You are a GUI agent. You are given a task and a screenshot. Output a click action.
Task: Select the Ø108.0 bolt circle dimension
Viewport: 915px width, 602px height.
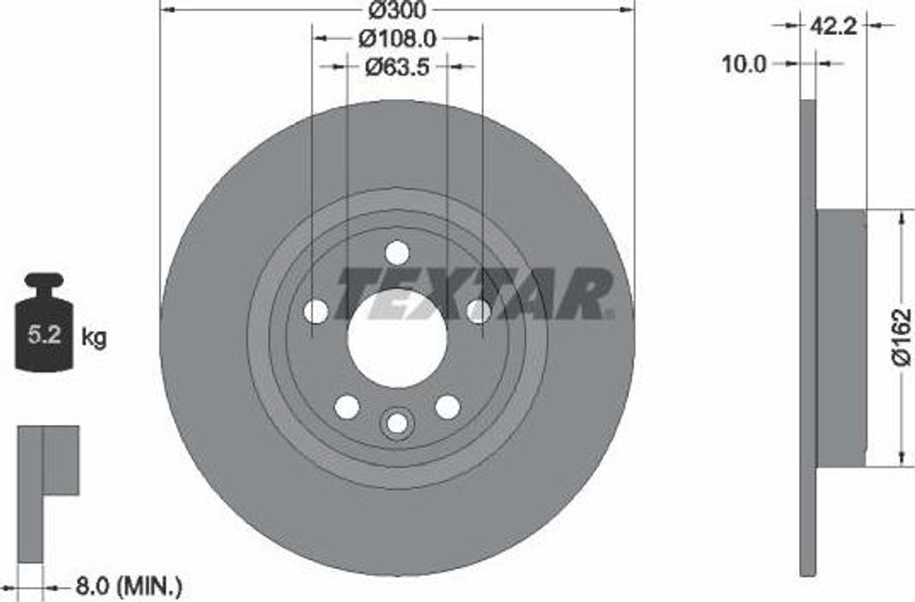tap(396, 38)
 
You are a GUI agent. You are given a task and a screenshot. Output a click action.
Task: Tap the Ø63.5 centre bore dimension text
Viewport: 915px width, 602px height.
tap(396, 66)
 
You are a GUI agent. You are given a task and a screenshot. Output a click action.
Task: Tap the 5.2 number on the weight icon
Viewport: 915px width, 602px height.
tap(44, 337)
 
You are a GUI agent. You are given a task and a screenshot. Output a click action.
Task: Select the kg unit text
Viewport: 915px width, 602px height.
tap(94, 338)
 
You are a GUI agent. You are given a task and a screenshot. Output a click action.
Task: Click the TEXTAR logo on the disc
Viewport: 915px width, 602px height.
tap(474, 292)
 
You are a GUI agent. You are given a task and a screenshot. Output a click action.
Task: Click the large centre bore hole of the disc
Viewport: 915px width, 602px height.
tap(397, 339)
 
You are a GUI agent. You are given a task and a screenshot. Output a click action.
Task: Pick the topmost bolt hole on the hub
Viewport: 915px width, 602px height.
tap(397, 253)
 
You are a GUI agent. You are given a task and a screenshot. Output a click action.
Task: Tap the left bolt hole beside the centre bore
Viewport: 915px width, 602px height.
tap(316, 312)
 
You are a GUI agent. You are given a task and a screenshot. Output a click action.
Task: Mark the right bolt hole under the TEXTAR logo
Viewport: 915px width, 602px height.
tap(478, 311)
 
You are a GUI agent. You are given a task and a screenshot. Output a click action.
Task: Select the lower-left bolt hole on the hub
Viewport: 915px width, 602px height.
tap(347, 406)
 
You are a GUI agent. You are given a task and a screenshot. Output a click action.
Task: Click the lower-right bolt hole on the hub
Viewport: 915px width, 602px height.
tap(447, 406)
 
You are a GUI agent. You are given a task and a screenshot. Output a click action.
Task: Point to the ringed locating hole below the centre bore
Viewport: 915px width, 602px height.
tap(397, 423)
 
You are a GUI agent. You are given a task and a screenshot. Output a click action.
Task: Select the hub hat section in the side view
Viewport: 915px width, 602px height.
tap(841, 338)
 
